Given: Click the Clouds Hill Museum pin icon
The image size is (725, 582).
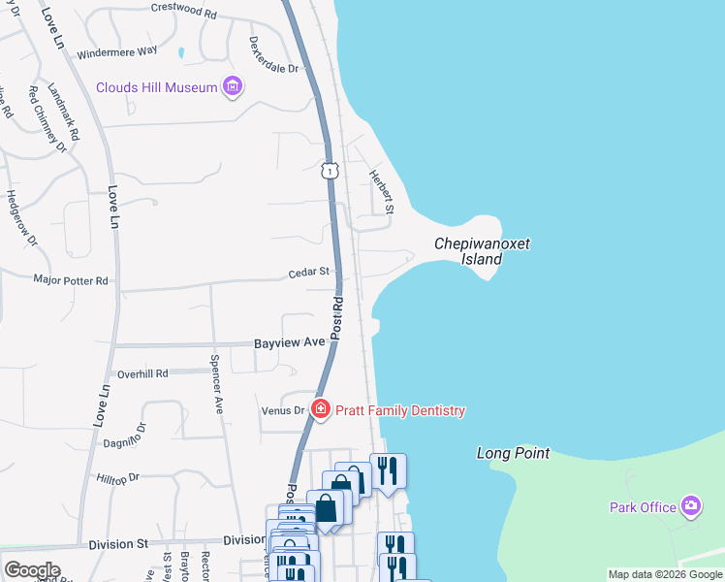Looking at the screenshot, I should (x=232, y=87).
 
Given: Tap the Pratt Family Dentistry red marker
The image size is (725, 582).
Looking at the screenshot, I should (x=320, y=410).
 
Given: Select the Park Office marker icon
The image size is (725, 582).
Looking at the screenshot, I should (x=690, y=505).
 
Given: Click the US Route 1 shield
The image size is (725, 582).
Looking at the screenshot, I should (x=331, y=171).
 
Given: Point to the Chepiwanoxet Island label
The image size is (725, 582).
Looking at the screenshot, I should (x=482, y=252).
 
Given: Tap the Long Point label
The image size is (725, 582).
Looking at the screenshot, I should (x=513, y=453).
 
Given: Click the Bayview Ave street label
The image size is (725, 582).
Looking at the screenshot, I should (x=289, y=343).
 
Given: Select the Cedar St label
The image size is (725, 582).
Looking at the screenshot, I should (x=309, y=274).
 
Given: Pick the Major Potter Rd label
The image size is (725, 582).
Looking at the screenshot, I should (x=71, y=280).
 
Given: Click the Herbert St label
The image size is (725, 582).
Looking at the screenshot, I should (x=381, y=192).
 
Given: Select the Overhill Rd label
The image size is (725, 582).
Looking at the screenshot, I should (x=142, y=373).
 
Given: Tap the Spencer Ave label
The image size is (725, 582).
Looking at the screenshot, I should (x=217, y=383).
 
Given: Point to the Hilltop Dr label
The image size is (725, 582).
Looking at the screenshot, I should (x=118, y=477).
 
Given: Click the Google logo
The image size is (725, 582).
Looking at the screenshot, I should (x=32, y=570).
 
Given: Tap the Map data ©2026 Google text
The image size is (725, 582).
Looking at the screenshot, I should (x=665, y=574).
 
